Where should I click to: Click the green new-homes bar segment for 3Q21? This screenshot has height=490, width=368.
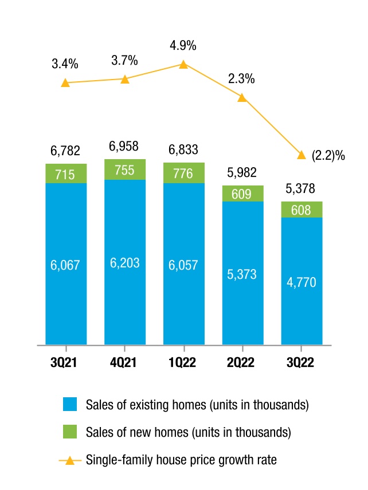(x=66, y=173)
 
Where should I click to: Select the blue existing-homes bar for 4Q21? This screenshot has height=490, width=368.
(x=125, y=262)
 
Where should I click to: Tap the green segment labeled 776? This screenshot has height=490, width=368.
(x=184, y=173)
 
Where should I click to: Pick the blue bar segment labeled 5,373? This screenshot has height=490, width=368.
(x=243, y=273)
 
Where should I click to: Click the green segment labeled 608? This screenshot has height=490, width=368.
(x=302, y=210)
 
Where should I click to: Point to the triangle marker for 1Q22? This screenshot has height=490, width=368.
(x=183, y=65)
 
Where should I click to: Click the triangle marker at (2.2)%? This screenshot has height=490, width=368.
(x=301, y=155)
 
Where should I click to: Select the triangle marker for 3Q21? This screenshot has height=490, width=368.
(x=65, y=83)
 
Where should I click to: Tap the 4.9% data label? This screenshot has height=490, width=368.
(x=183, y=46)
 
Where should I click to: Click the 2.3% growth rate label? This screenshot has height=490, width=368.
(x=241, y=79)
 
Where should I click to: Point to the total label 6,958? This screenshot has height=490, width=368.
(x=124, y=146)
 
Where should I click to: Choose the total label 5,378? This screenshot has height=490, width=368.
(x=300, y=188)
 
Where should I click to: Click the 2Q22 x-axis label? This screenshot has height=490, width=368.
(x=241, y=362)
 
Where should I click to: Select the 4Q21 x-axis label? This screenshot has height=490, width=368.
(x=123, y=362)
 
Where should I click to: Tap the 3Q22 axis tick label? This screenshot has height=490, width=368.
(x=300, y=362)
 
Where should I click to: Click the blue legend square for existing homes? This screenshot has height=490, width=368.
(x=70, y=404)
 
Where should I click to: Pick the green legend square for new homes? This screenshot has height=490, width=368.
(x=70, y=432)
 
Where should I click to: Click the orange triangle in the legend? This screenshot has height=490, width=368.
(x=70, y=460)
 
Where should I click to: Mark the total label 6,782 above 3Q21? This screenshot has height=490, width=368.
(x=65, y=151)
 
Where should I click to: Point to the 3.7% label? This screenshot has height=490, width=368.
(x=124, y=60)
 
